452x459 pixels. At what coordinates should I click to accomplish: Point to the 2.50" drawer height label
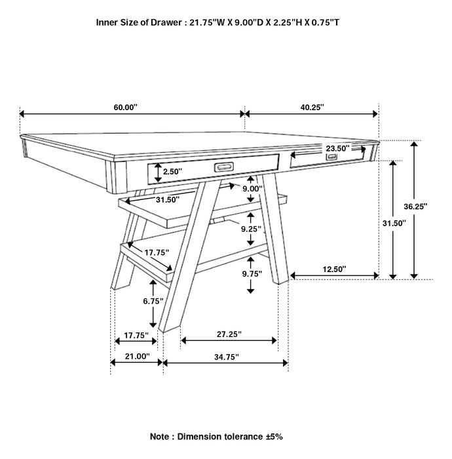(x=173, y=171)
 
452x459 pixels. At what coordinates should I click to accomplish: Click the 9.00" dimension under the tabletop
(x=252, y=189)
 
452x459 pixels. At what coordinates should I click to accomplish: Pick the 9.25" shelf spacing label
(x=250, y=229)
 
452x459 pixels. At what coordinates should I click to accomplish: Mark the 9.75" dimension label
(x=250, y=273)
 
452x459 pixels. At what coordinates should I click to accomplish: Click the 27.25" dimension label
(x=229, y=334)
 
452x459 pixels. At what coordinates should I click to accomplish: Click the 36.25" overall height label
(x=415, y=206)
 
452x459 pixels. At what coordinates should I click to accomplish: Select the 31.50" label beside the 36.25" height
(x=394, y=223)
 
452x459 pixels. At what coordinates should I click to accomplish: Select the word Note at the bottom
(x=161, y=436)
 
